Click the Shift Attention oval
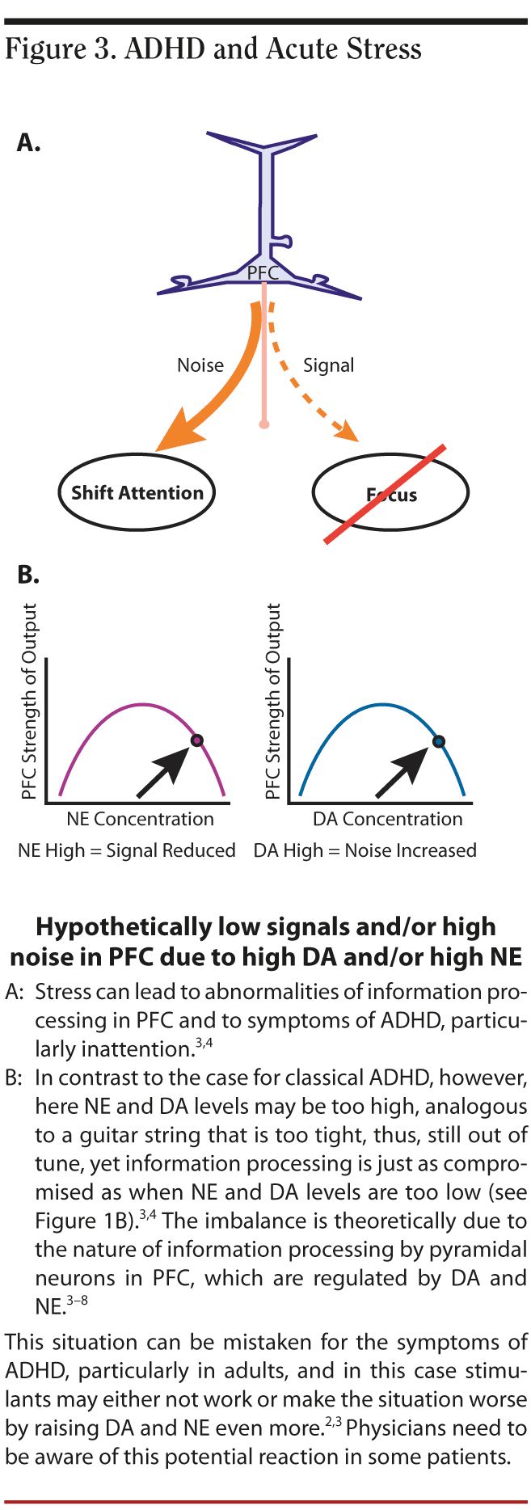coord(137,492)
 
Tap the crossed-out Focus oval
coord(390,494)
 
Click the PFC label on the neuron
coord(263,273)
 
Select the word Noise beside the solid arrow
coord(200,365)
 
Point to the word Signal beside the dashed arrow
coord(328,365)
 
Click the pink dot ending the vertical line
coord(263,424)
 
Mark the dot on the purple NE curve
coord(196,740)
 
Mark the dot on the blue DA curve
coord(439,741)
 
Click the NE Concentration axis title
coord(140,819)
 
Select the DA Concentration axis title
coord(388,819)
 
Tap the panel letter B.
coord(28,576)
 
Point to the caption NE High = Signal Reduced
coord(127,850)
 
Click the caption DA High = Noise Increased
coord(365,850)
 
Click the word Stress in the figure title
coord(384,49)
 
